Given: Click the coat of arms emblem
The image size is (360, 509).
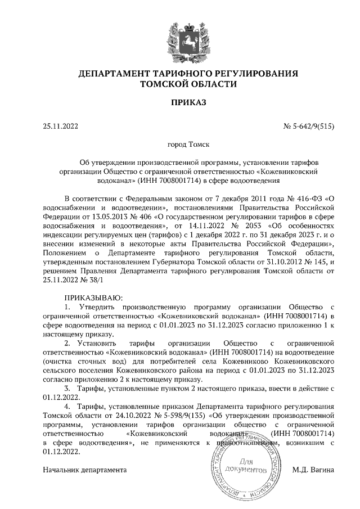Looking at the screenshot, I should point(180,35).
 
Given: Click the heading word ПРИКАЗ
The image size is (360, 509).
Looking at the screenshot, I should point(180,102).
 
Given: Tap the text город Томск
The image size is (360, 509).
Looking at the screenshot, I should point(180,144).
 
